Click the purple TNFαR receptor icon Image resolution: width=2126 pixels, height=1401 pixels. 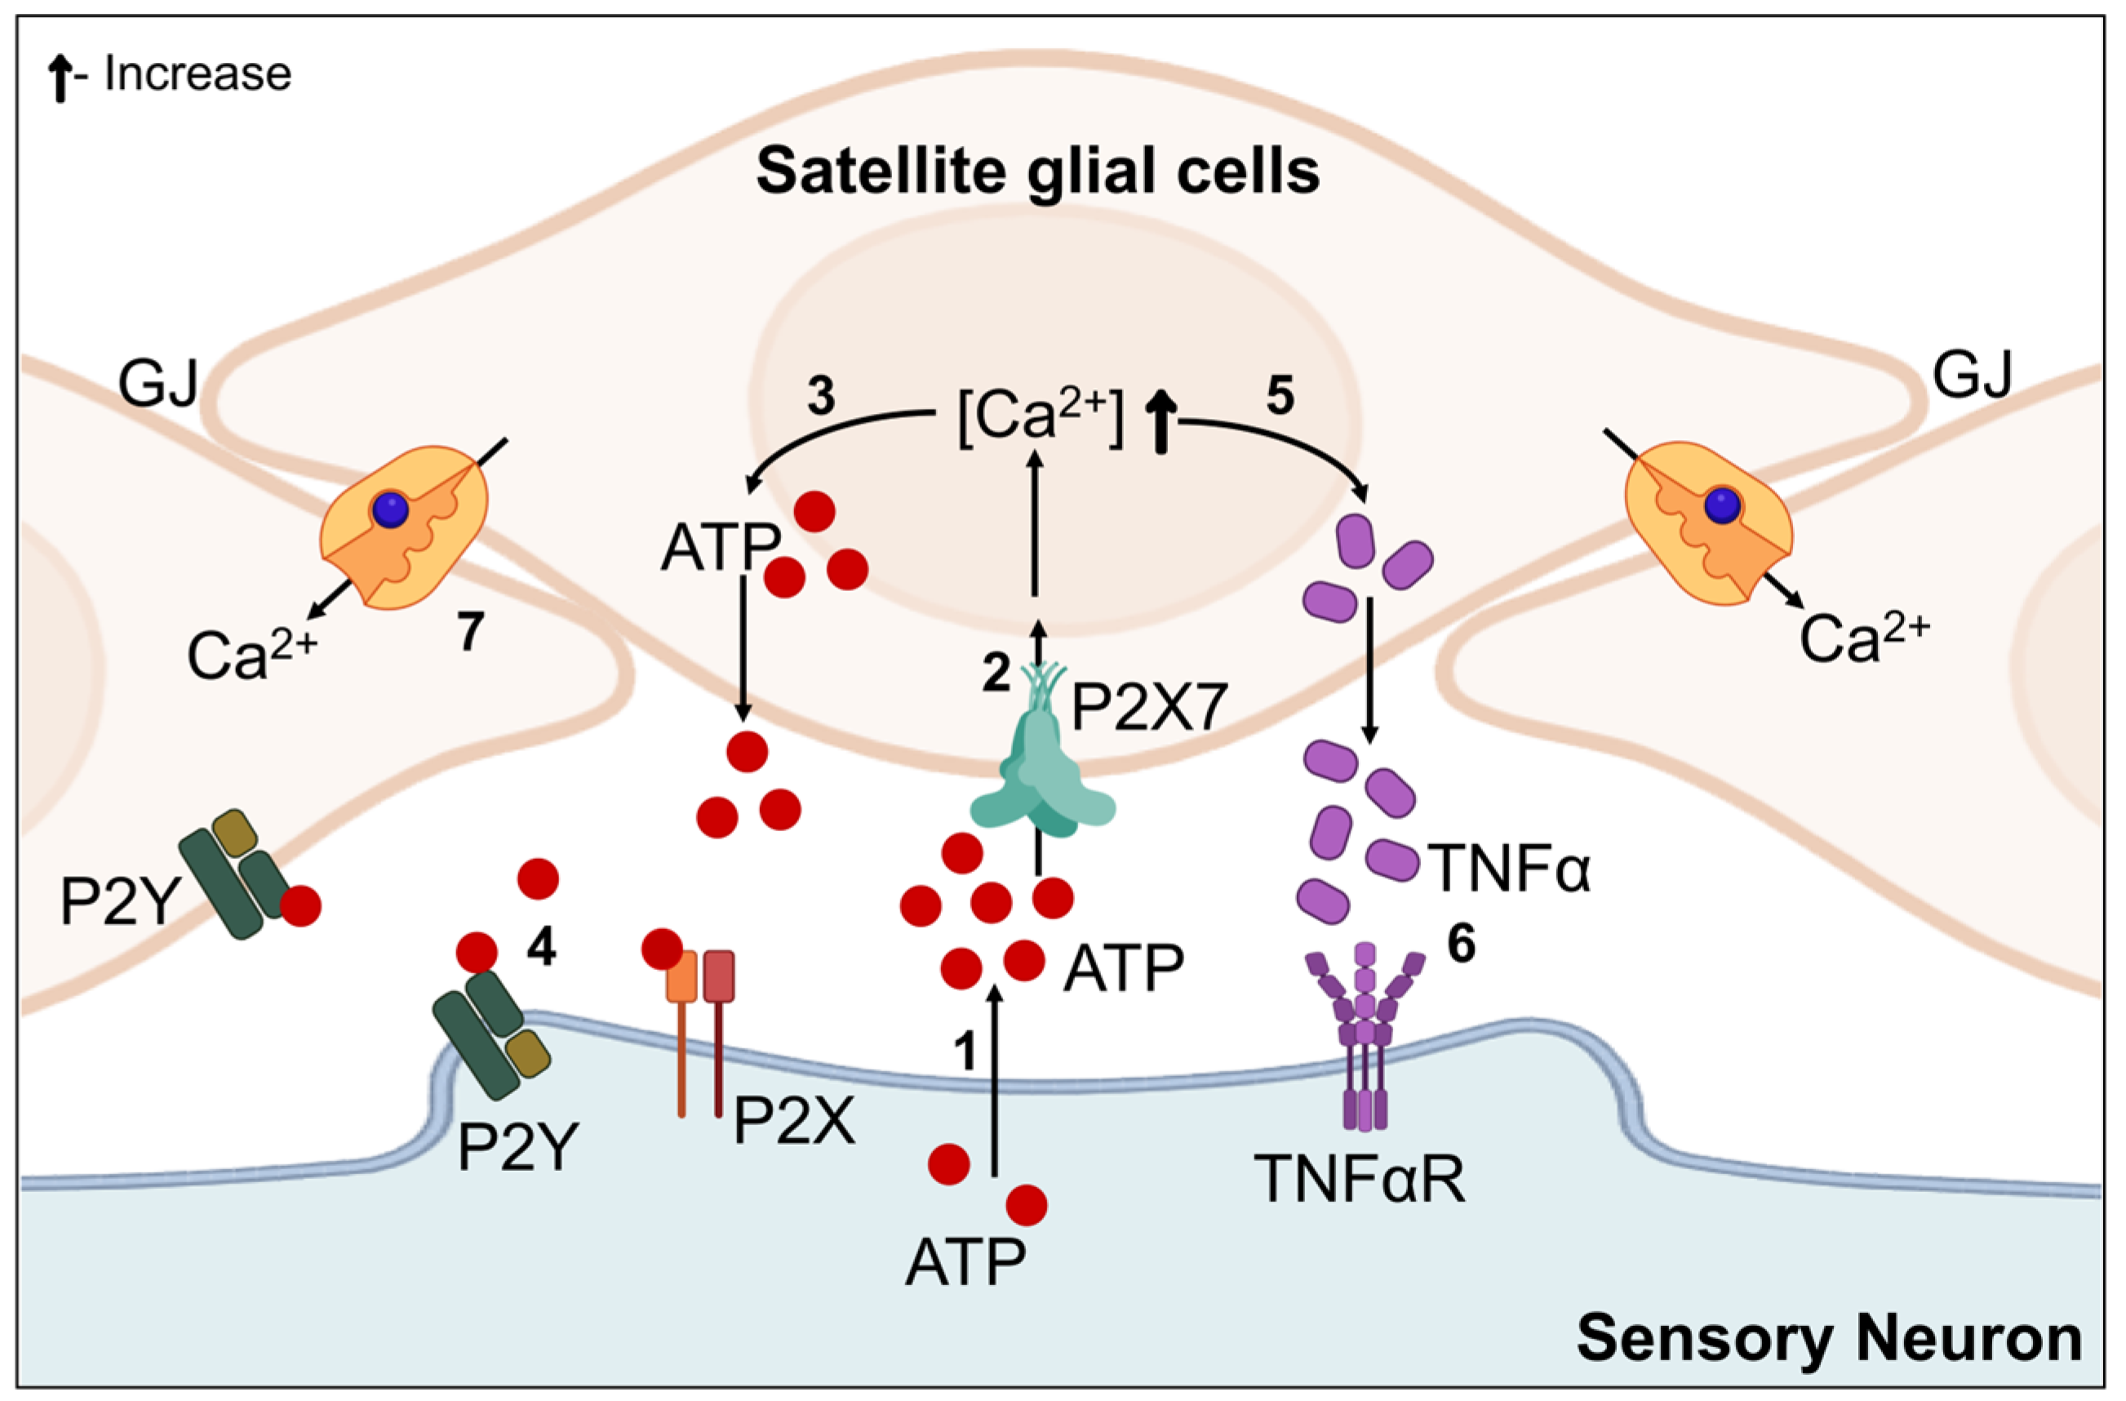(x=1363, y=1036)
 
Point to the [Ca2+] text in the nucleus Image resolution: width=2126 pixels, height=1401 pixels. (x=1039, y=418)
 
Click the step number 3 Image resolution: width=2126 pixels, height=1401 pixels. (x=821, y=396)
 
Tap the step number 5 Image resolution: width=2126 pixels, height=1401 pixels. (x=1280, y=396)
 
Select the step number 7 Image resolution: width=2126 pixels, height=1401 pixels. (x=471, y=633)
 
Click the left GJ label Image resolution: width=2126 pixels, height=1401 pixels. (x=159, y=382)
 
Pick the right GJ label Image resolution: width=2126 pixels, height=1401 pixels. (x=1973, y=376)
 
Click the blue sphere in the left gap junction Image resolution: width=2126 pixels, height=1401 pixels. (x=390, y=510)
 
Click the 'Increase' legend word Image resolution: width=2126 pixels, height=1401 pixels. (x=198, y=73)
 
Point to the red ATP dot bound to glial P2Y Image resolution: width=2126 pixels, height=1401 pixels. (x=301, y=905)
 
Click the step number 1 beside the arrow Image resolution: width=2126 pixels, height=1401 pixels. (x=965, y=1051)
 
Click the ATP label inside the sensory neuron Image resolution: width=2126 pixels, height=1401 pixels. (x=965, y=1262)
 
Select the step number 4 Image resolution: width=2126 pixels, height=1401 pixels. (x=541, y=947)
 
